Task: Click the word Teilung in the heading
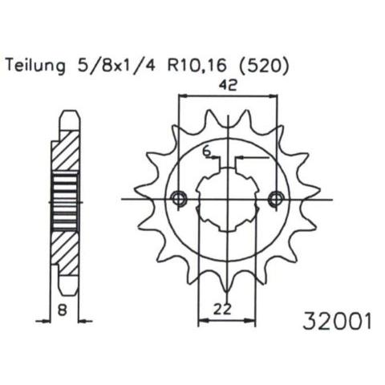pos(36,66)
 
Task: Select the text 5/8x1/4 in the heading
pos(115,66)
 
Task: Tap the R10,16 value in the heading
pos(196,66)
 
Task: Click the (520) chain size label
pos(264,66)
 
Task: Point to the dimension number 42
pos(228,85)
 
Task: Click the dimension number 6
pos(206,152)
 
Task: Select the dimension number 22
pos(222,310)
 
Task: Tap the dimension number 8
pos(62,310)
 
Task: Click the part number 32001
pos(337,322)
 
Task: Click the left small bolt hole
pos(178,199)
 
